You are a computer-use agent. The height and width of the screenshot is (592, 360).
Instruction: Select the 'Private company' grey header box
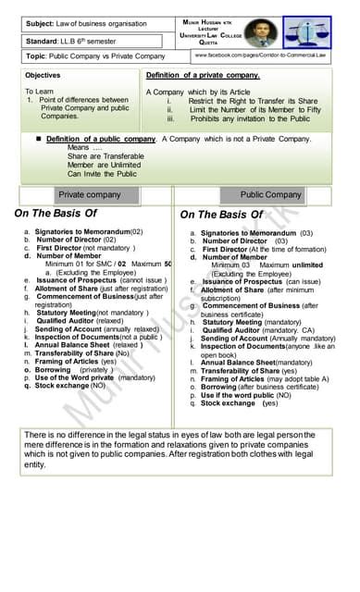90,195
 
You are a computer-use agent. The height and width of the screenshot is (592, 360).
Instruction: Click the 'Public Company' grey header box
270,195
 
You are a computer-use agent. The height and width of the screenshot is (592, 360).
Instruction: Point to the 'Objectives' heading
43,75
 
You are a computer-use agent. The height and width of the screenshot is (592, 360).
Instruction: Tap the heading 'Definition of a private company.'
203,75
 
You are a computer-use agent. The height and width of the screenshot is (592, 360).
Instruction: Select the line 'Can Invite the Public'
102,173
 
